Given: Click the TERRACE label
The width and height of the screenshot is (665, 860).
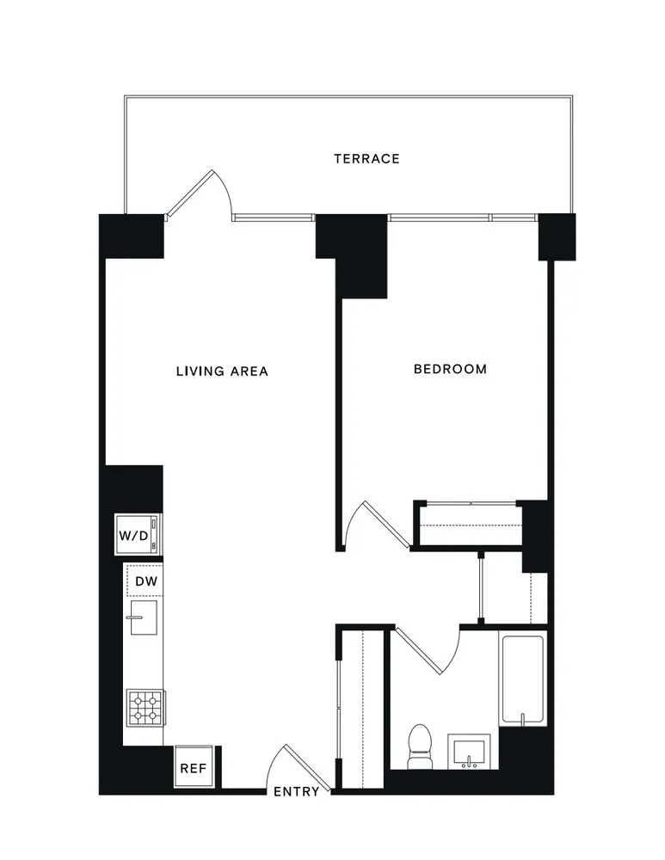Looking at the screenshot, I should point(366,158).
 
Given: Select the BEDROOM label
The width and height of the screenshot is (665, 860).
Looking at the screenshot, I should point(450,369).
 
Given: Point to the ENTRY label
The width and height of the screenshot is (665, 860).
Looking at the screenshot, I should point(296,792).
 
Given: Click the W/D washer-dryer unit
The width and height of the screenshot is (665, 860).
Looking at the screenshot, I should point(138,535).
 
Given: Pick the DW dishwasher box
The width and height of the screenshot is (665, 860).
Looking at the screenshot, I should point(144,582).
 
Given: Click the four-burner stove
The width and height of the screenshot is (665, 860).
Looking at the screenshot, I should point(144,708).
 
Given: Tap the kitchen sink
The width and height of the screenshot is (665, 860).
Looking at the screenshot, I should point(141,617).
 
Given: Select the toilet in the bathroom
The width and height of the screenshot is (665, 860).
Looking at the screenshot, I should point(419,746).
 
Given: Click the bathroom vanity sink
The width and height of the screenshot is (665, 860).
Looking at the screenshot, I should point(469,752).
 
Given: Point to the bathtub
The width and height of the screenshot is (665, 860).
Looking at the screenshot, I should point(521,679).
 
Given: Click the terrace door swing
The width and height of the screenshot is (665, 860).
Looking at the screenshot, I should point(200,194).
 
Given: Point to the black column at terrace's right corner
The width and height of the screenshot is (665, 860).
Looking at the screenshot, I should point(557,236).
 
